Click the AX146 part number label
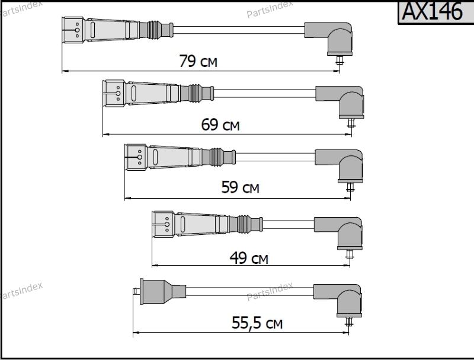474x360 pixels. point(433,11)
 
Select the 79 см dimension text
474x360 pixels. point(198,61)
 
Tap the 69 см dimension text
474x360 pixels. point(220,125)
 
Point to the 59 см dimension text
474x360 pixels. point(241,187)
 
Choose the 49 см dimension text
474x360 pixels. point(249,258)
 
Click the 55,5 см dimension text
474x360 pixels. point(257,323)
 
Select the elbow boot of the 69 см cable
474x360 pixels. point(342,101)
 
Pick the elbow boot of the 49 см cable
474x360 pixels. point(340,233)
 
